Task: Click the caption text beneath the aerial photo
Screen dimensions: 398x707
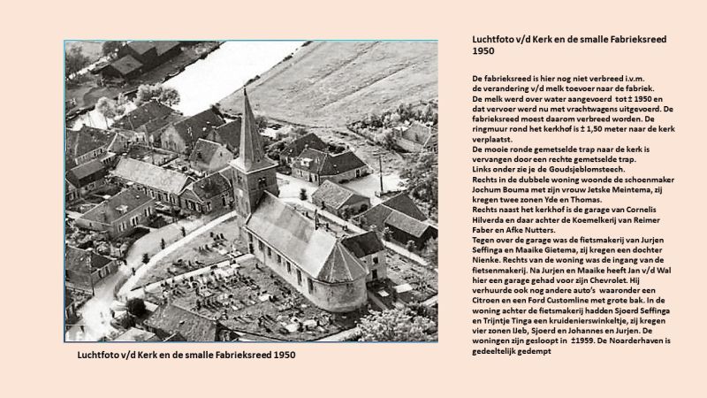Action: (186, 356)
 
